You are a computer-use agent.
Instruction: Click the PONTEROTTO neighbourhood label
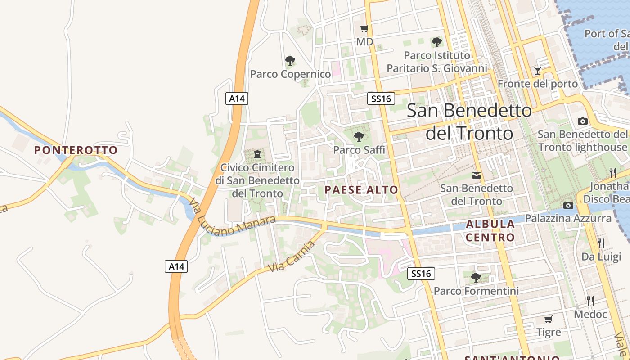pyautogui.click(x=76, y=150)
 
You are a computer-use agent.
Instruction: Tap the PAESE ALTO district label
pyautogui.click(x=361, y=190)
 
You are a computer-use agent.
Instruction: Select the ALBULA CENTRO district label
pyautogui.click(x=490, y=230)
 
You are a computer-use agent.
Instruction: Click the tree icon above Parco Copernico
pyautogui.click(x=290, y=60)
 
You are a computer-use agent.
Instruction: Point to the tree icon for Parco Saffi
pyautogui.click(x=359, y=136)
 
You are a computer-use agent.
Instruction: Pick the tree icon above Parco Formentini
pyautogui.click(x=476, y=277)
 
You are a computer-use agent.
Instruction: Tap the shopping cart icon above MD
pyautogui.click(x=364, y=29)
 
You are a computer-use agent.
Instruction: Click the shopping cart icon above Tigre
pyautogui.click(x=548, y=319)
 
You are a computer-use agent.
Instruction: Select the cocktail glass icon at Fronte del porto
pyautogui.click(x=537, y=71)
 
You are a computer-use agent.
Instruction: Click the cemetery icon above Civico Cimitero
pyautogui.click(x=257, y=155)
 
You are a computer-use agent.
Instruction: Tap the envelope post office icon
pyautogui.click(x=476, y=175)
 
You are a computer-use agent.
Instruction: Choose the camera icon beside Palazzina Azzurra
pyautogui.click(x=568, y=206)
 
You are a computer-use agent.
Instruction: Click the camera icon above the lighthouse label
pyautogui.click(x=582, y=121)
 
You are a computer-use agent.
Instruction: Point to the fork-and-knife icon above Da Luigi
pyautogui.click(x=601, y=243)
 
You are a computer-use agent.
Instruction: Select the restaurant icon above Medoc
pyautogui.click(x=590, y=301)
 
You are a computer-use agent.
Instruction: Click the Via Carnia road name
pyautogui.click(x=291, y=256)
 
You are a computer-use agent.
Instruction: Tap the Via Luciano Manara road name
pyautogui.click(x=231, y=219)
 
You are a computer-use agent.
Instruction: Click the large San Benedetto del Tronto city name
pyautogui.click(x=469, y=121)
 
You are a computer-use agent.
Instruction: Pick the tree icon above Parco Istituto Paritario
pyautogui.click(x=436, y=42)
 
